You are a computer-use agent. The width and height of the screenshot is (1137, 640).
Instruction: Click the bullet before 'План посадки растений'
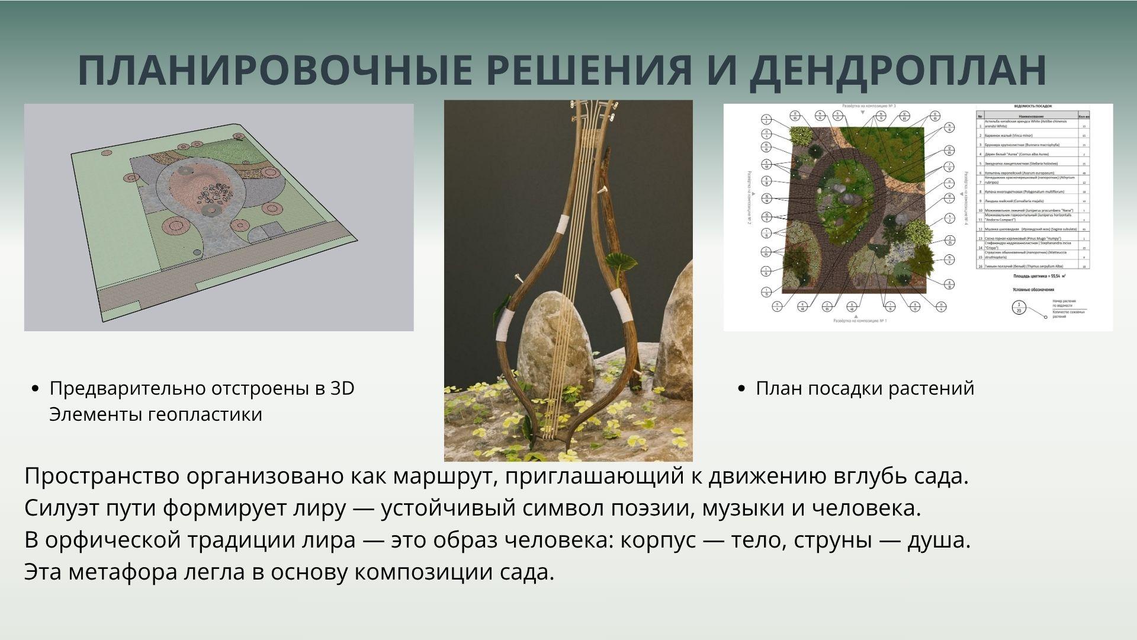[x=742, y=389]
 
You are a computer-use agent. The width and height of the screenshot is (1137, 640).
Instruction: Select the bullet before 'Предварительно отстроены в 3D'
[x=35, y=389]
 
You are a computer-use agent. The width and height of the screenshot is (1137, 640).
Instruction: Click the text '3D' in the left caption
[x=342, y=389]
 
